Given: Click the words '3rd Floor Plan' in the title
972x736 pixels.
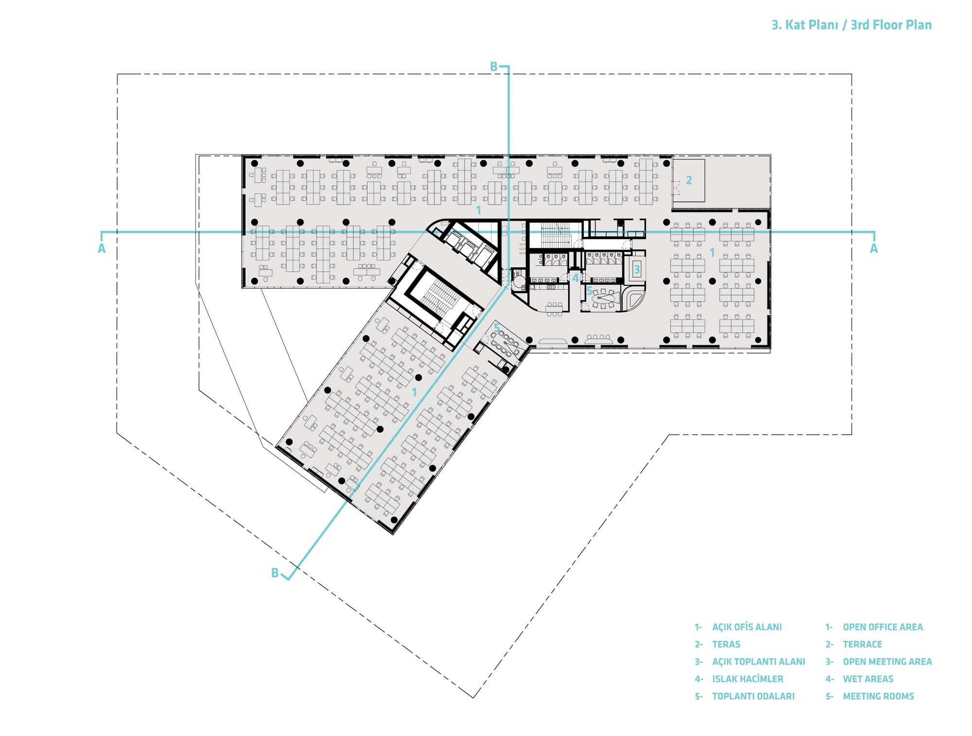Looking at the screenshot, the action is (x=891, y=25).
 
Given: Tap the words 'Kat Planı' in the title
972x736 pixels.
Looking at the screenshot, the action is (x=812, y=25).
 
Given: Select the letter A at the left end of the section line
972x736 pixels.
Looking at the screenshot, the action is (x=102, y=249).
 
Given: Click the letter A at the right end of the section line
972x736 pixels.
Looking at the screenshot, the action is (x=874, y=249).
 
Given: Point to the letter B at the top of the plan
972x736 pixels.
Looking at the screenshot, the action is (x=494, y=67).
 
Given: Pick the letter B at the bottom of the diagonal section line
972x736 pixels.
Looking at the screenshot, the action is (x=275, y=573).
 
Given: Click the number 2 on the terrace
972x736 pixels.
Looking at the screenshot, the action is (x=689, y=180).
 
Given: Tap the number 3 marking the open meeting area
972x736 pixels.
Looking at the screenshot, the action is (x=637, y=269).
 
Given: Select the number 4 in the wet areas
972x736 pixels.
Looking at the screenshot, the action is (x=575, y=279).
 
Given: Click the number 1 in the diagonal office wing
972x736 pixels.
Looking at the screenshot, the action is (x=415, y=392).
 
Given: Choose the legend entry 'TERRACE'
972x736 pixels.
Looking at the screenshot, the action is (x=862, y=645).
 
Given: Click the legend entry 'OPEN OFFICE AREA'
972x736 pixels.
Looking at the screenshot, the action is (x=883, y=627).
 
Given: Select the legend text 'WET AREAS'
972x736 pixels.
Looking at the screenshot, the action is (x=868, y=679).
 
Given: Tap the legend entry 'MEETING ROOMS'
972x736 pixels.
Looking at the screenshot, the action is (x=878, y=697).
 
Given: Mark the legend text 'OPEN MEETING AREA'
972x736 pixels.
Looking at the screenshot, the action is (x=887, y=662).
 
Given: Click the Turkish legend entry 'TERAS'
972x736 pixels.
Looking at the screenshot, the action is (x=726, y=645).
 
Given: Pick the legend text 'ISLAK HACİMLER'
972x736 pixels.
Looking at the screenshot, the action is (x=747, y=679).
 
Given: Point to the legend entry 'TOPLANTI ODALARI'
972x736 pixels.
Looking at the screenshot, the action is (x=753, y=697).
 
